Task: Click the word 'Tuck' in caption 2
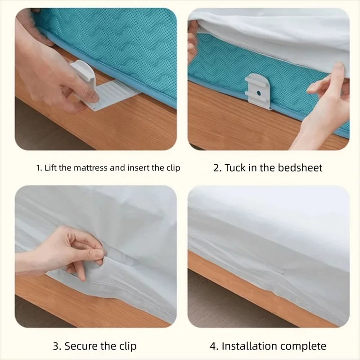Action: (235, 168)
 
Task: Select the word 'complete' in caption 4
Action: (304, 346)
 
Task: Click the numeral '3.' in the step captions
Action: (57, 346)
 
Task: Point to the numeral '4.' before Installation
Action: (213, 346)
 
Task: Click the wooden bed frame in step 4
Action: (252, 288)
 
